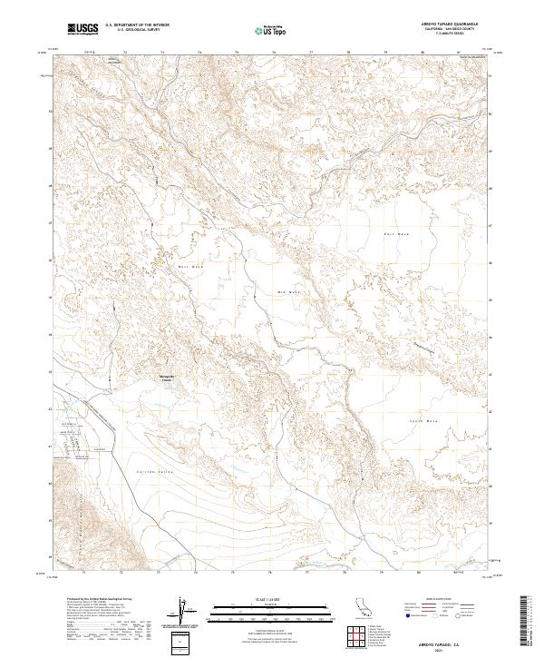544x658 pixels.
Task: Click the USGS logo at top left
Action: [x=83, y=30]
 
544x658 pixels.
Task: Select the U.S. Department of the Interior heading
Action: [x=137, y=25]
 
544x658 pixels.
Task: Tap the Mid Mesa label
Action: [x=287, y=291]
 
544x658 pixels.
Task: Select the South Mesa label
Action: [x=423, y=420]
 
